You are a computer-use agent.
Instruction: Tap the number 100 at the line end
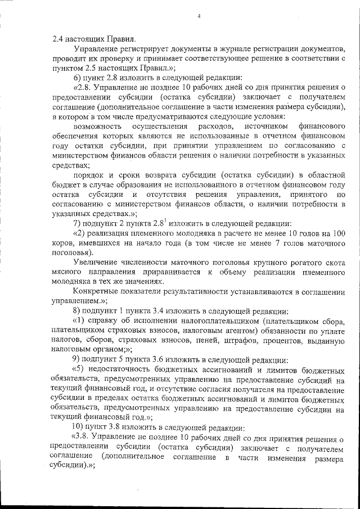click(337, 233)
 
